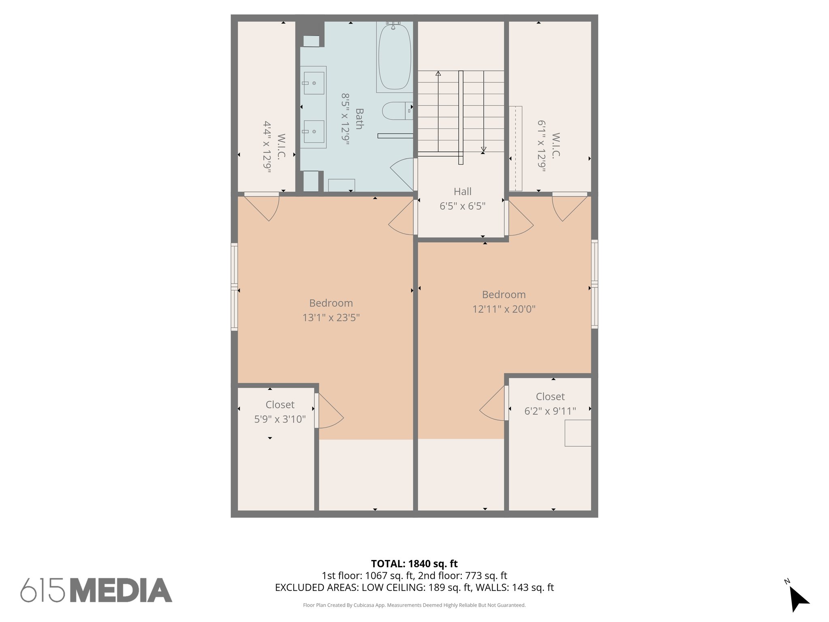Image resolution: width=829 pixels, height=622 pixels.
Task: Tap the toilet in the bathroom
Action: [x=395, y=111]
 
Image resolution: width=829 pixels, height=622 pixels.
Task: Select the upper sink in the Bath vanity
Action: [x=314, y=83]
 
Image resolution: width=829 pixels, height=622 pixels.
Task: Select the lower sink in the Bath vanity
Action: [x=314, y=132]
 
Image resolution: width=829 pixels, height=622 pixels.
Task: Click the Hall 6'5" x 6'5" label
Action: [x=462, y=199]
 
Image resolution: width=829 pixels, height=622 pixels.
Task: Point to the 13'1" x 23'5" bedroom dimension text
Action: [x=331, y=317]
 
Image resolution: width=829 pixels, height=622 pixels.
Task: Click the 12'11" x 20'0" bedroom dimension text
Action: [x=504, y=309]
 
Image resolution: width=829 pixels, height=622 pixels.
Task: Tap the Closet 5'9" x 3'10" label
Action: [x=280, y=412]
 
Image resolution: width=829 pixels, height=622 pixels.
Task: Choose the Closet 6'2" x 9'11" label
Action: [x=550, y=404]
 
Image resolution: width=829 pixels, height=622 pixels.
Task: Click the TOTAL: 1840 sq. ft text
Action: [x=414, y=564]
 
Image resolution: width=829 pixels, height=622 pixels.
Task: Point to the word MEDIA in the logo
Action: [x=121, y=590]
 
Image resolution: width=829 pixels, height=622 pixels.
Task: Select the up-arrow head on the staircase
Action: [x=438, y=74]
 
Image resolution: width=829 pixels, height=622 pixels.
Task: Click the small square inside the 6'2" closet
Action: [x=578, y=433]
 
